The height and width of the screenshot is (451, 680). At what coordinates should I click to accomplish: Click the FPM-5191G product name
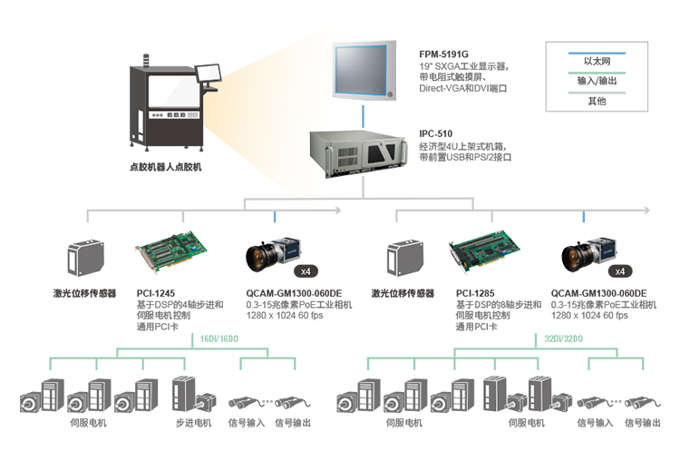pos(444,54)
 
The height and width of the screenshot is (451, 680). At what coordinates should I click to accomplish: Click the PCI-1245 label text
pos(156,293)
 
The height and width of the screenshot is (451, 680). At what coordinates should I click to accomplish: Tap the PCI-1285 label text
pos(475,293)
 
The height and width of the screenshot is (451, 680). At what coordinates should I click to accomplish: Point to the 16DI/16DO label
pos(219,338)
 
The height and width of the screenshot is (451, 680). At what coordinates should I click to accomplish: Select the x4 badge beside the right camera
pos(620,270)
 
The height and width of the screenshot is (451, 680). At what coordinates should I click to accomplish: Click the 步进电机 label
pos(193,423)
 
